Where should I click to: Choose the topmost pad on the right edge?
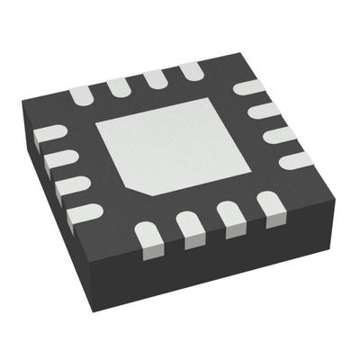[x=248, y=89]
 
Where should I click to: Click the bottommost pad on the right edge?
[x=296, y=160]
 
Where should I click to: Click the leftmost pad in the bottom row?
[x=148, y=237]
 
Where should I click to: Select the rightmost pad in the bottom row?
[x=269, y=203]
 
